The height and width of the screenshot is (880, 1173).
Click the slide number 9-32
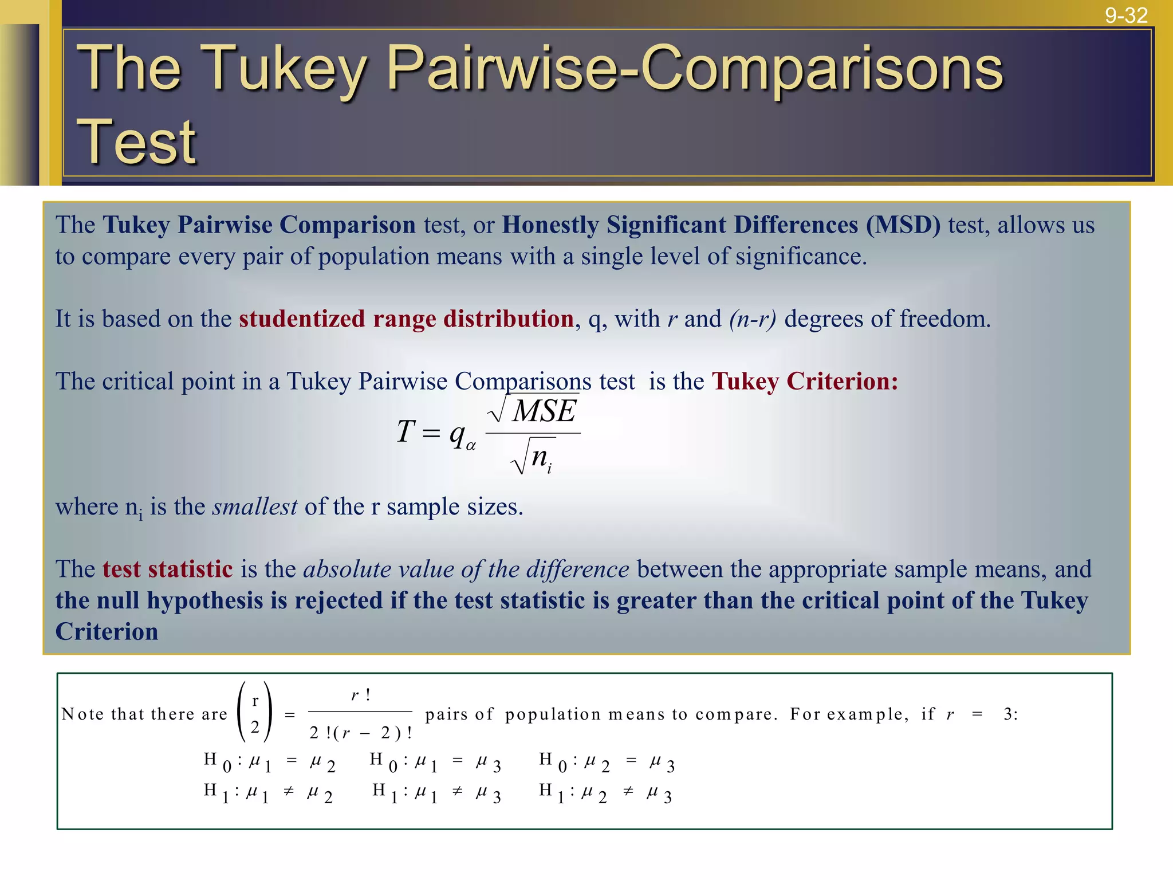[1125, 15]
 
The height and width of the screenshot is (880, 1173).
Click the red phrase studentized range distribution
[406, 319]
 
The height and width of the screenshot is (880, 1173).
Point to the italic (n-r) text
[753, 319]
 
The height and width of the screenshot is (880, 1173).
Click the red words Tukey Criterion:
[805, 381]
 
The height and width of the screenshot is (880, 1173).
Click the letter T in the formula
[406, 431]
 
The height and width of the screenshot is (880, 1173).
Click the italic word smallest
[255, 506]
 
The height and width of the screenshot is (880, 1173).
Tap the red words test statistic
[167, 569]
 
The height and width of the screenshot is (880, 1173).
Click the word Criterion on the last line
[107, 631]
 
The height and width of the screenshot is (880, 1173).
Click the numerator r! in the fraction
[361, 695]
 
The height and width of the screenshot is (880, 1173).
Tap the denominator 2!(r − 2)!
[361, 733]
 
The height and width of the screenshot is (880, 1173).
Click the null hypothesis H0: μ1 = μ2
[269, 763]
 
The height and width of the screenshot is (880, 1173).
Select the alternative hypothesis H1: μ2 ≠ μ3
[605, 793]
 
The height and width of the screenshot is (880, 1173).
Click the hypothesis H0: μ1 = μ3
[435, 763]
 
